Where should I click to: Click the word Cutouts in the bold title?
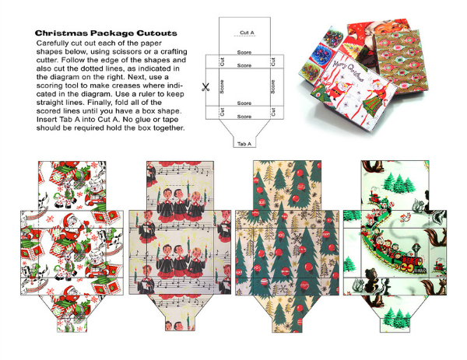pyautogui.click(x=157, y=33)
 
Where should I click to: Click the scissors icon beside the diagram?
pyautogui.click(x=205, y=87)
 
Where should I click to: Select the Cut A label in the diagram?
pyautogui.click(x=247, y=33)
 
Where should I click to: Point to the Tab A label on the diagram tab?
pyautogui.click(x=244, y=144)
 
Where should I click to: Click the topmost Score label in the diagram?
pyautogui.click(x=244, y=52)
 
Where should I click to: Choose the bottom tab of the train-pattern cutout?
pyautogui.click(x=395, y=325)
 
